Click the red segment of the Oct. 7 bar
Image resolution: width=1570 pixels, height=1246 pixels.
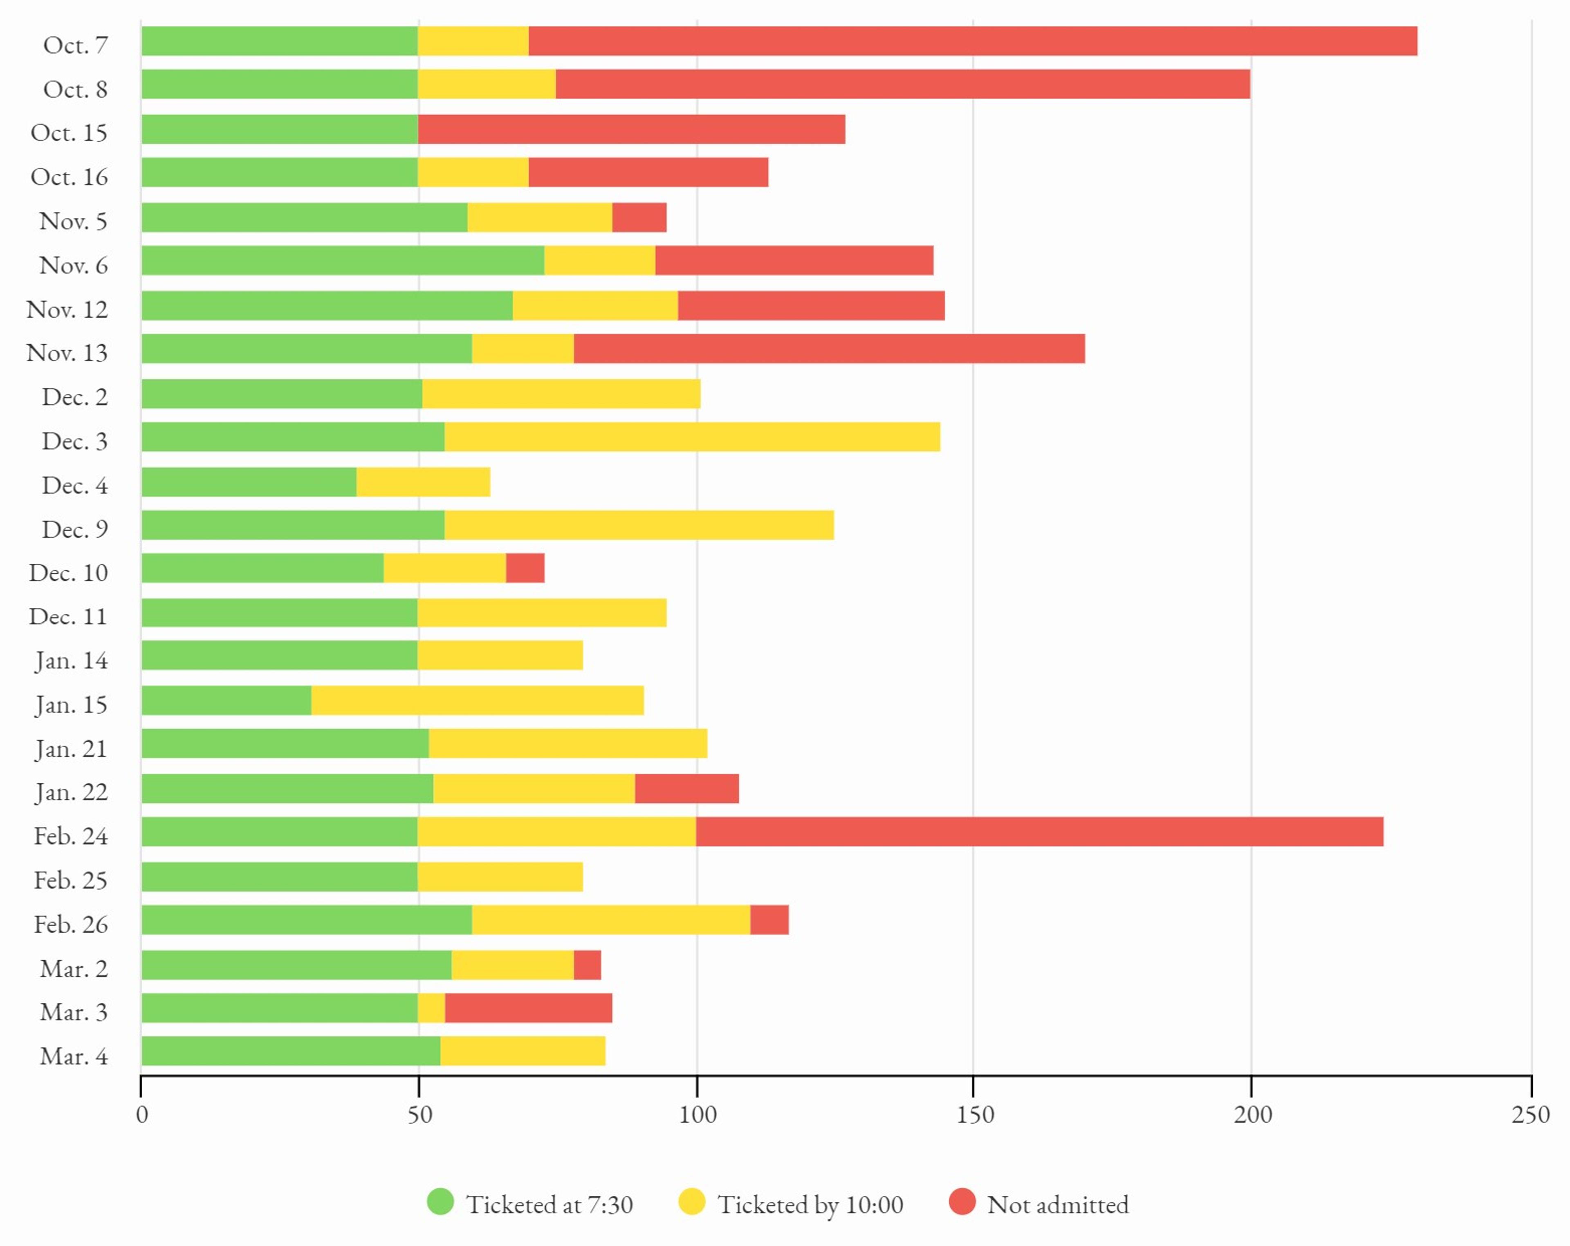972,41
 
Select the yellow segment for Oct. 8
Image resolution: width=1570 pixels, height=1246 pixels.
487,85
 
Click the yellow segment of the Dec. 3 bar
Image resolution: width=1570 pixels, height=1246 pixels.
692,437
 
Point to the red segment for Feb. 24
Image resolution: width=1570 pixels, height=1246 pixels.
1039,831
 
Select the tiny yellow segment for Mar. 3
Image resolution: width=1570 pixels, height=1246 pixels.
431,1008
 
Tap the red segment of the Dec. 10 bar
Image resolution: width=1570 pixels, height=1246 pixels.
525,568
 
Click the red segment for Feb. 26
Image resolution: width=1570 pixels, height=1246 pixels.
769,920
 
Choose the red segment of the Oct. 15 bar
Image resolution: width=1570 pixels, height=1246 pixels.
631,129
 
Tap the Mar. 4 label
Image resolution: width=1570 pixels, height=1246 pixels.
74,1056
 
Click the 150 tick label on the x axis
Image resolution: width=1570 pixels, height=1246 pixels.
974,1115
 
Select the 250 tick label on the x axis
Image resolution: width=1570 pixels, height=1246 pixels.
1530,1115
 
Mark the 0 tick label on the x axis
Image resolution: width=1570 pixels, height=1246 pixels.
142,1115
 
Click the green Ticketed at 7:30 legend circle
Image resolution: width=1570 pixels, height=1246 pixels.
440,1201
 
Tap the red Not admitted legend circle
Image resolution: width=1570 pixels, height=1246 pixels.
962,1201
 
